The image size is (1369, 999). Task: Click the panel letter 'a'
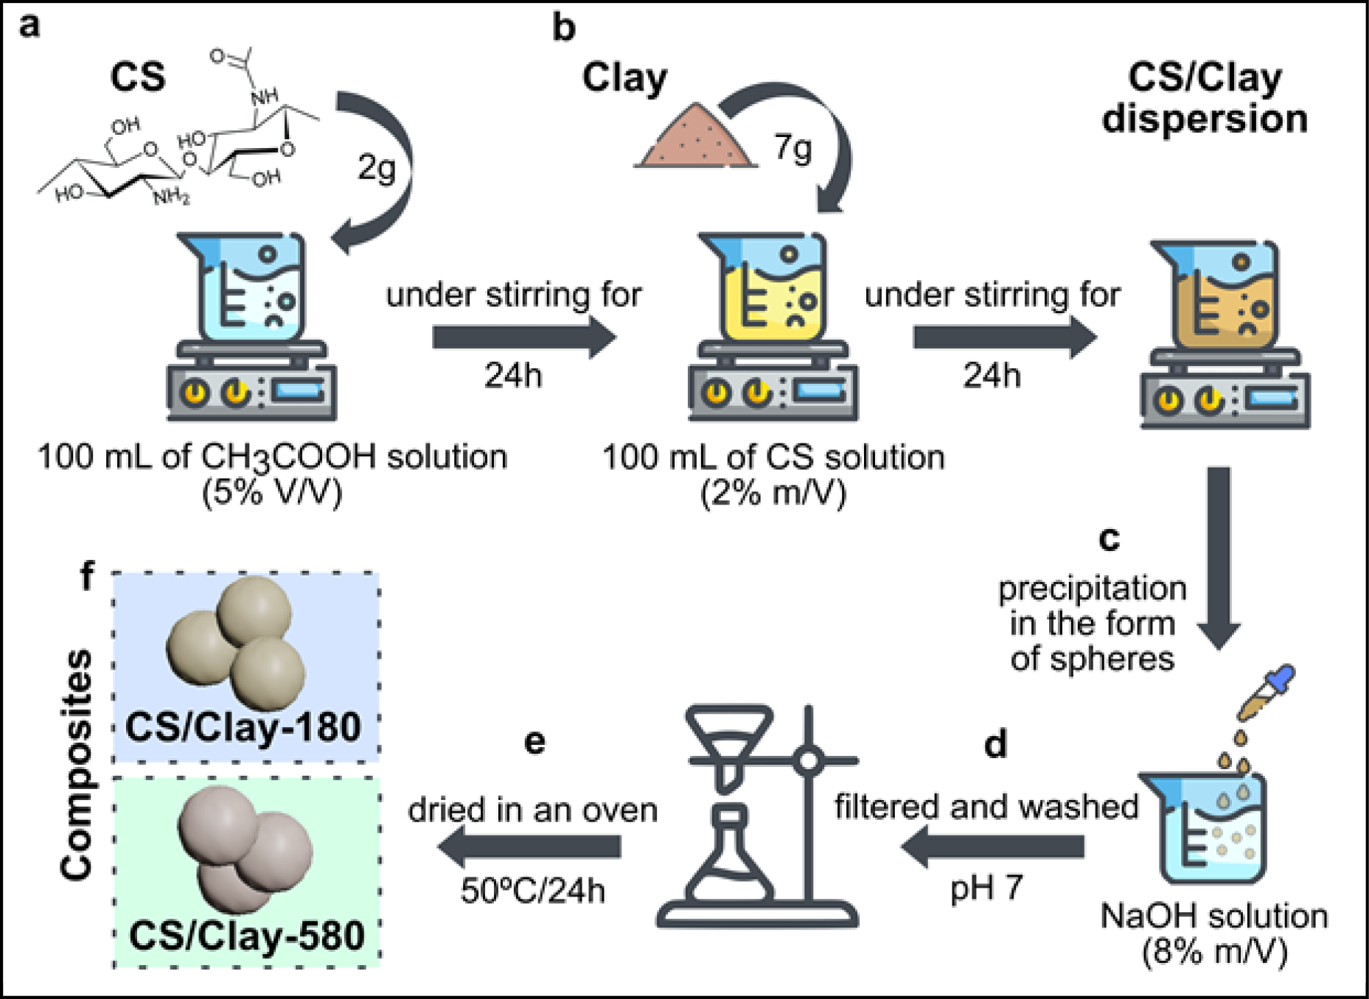pos(29,26)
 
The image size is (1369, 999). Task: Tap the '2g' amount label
pos(376,168)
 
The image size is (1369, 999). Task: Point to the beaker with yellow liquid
pos(770,287)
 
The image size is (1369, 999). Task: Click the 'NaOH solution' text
pos(1213,916)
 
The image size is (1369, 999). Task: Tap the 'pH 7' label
pos(986,888)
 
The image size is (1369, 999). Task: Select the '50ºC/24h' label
pos(532,891)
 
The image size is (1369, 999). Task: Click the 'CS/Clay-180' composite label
pos(243,727)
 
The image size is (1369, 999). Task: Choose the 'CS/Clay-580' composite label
pos(246,936)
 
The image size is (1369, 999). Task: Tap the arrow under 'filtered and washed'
pos(992,846)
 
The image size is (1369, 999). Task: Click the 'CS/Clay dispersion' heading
pos(1205,98)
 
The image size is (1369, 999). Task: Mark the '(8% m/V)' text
pos(1214,952)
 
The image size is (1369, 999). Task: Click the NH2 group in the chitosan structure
pos(171,197)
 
